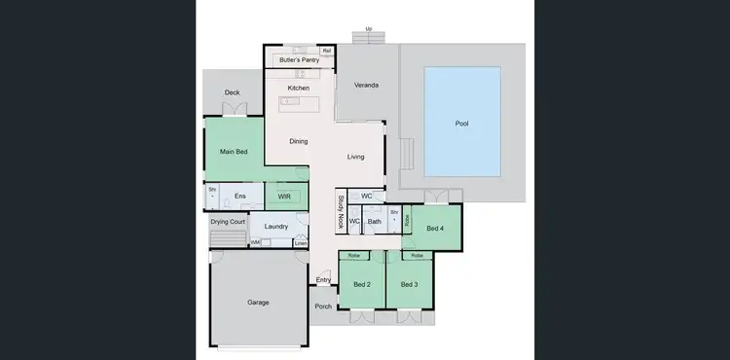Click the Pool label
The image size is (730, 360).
pos(461,124)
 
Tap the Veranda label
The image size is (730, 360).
pos(366,86)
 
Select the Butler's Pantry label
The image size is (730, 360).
pos(299,60)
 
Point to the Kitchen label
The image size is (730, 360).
pos(298,89)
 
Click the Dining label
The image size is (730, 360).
pos(298,141)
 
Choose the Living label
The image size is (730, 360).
pos(356,157)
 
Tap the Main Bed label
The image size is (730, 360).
pos(233,152)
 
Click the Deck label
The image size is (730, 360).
pos(232,93)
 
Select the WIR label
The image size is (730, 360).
pos(284,197)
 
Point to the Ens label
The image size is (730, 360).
pos(239,197)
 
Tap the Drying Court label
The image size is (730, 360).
pos(227,221)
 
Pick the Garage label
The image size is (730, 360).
pos(258,303)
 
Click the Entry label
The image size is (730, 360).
pos(323,280)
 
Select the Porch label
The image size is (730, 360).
pos(323,306)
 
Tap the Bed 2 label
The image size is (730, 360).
pos(361,284)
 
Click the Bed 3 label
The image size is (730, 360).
pos(409,284)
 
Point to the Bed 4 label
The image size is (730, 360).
pos(435,229)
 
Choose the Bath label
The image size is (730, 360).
pos(374,222)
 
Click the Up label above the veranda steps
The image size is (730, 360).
pos(368,29)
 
